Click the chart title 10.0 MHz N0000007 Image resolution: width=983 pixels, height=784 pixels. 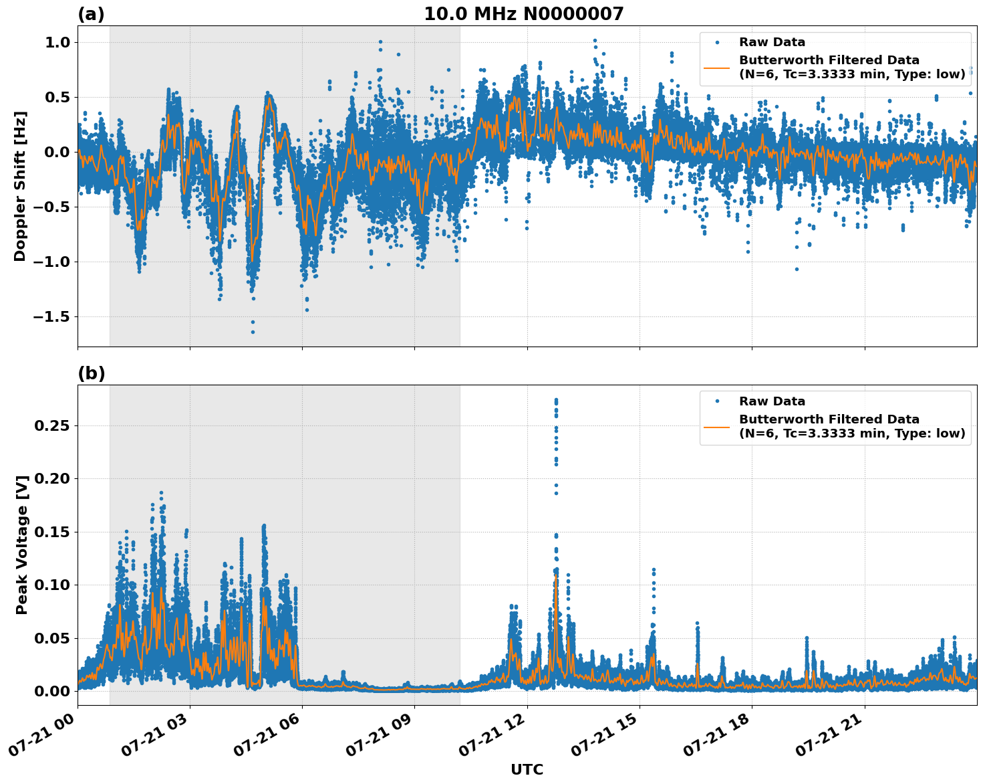523,14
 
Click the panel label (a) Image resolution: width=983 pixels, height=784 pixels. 91,14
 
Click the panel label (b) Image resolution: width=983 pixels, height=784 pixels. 91,374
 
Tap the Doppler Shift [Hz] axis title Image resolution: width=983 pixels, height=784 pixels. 20,186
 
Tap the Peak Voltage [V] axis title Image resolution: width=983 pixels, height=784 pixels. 22,545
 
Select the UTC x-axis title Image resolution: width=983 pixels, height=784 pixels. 527,769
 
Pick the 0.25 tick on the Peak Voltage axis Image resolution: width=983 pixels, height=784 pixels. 52,425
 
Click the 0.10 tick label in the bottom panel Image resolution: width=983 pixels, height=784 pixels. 52,585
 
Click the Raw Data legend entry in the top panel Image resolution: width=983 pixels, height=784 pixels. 772,42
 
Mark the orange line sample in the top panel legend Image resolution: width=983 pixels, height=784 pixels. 717,67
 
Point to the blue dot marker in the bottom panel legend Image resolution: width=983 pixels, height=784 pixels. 717,401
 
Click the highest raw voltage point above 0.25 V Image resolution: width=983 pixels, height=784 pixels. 556,400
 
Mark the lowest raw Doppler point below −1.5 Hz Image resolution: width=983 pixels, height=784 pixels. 253,332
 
